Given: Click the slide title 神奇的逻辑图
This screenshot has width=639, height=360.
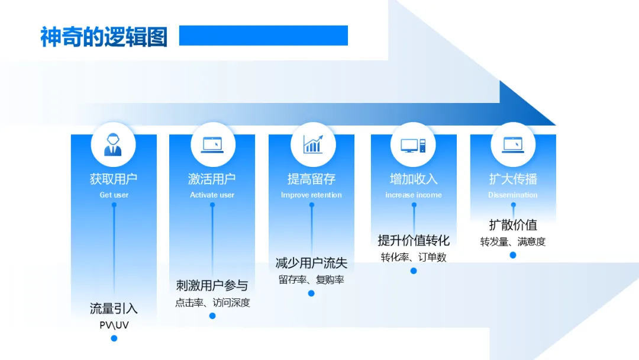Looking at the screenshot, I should (x=104, y=36).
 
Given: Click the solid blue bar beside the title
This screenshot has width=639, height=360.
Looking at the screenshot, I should (x=263, y=36).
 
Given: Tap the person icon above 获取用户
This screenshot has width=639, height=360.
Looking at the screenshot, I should (x=113, y=144).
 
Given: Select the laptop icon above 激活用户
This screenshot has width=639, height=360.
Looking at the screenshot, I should (x=212, y=144).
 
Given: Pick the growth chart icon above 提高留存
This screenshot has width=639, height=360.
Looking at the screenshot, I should (x=312, y=144).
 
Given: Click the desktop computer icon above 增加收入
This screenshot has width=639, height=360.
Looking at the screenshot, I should (x=413, y=144).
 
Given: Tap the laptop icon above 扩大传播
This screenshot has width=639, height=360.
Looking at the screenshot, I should (x=513, y=144).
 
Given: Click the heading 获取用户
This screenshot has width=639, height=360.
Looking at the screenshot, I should (x=114, y=179).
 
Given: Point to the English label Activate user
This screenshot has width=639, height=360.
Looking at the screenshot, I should (x=212, y=195).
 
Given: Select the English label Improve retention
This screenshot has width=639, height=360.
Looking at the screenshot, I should (x=311, y=195).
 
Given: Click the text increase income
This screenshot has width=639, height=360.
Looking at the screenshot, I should (x=414, y=195).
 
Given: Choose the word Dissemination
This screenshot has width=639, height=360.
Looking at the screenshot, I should (x=513, y=195).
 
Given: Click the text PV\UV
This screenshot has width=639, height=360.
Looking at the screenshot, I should (x=114, y=325).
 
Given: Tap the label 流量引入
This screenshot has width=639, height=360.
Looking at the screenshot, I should (x=114, y=308).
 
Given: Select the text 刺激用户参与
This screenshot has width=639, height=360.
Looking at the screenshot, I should (x=212, y=285).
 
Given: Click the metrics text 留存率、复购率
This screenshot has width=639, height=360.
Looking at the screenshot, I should (x=311, y=280).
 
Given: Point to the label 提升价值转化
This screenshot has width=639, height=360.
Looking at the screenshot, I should (x=414, y=240).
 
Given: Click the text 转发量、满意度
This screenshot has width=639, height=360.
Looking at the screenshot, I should (x=513, y=242).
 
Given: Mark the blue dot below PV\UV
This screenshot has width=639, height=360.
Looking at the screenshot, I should (x=114, y=338).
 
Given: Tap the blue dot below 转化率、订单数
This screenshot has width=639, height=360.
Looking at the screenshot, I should (x=414, y=271).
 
